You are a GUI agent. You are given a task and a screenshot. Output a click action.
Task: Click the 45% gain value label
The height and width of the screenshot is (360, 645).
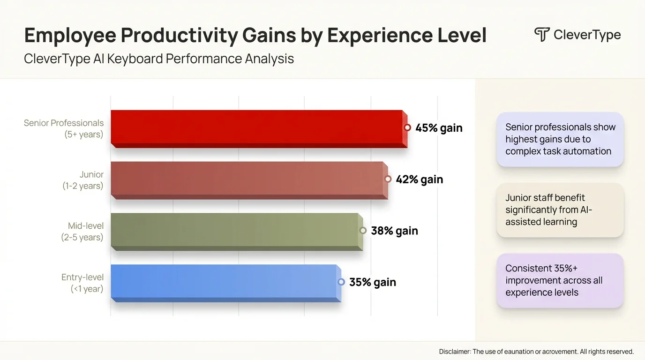point(439,128)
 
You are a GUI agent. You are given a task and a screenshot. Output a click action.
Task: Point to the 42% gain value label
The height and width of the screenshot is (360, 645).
point(419,180)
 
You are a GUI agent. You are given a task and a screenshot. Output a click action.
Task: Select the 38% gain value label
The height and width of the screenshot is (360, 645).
point(394,231)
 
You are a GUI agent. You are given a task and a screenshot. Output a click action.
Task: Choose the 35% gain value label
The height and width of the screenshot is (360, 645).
point(373,282)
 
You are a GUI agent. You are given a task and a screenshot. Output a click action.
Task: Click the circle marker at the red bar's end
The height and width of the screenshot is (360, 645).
point(407,127)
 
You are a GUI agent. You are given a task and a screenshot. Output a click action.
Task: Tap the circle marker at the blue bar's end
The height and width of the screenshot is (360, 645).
point(341,282)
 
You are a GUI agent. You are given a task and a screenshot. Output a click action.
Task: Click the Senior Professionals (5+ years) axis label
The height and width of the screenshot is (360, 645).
point(64,129)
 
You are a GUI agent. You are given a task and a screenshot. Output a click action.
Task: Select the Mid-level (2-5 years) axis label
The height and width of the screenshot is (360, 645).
point(82,232)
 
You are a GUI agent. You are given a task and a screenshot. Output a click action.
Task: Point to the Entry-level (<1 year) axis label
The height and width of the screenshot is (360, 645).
point(82,283)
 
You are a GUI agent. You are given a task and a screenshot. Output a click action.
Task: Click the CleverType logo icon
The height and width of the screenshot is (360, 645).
point(542,35)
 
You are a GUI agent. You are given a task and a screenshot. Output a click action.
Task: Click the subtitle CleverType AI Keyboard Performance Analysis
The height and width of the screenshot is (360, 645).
point(159,59)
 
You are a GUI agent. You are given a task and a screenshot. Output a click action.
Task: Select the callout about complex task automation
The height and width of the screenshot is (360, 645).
point(560,139)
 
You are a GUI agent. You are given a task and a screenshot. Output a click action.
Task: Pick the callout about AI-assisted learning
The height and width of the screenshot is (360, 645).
point(560,210)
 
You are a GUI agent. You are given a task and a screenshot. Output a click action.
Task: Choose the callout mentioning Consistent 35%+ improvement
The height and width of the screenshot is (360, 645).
point(560,280)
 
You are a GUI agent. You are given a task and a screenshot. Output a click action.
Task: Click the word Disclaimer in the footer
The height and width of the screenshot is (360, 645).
point(454,352)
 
